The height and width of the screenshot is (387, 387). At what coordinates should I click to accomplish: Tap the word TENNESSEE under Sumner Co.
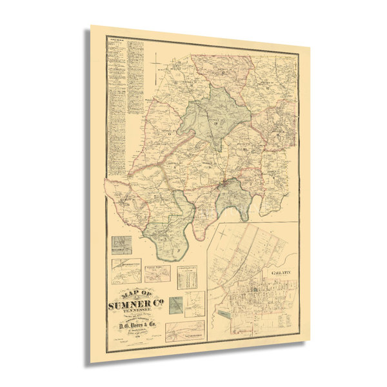135,310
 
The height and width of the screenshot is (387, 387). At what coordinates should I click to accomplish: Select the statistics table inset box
188,276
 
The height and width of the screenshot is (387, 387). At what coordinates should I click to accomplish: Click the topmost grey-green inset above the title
121,244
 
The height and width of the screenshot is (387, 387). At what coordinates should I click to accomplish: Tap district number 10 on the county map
245,150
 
